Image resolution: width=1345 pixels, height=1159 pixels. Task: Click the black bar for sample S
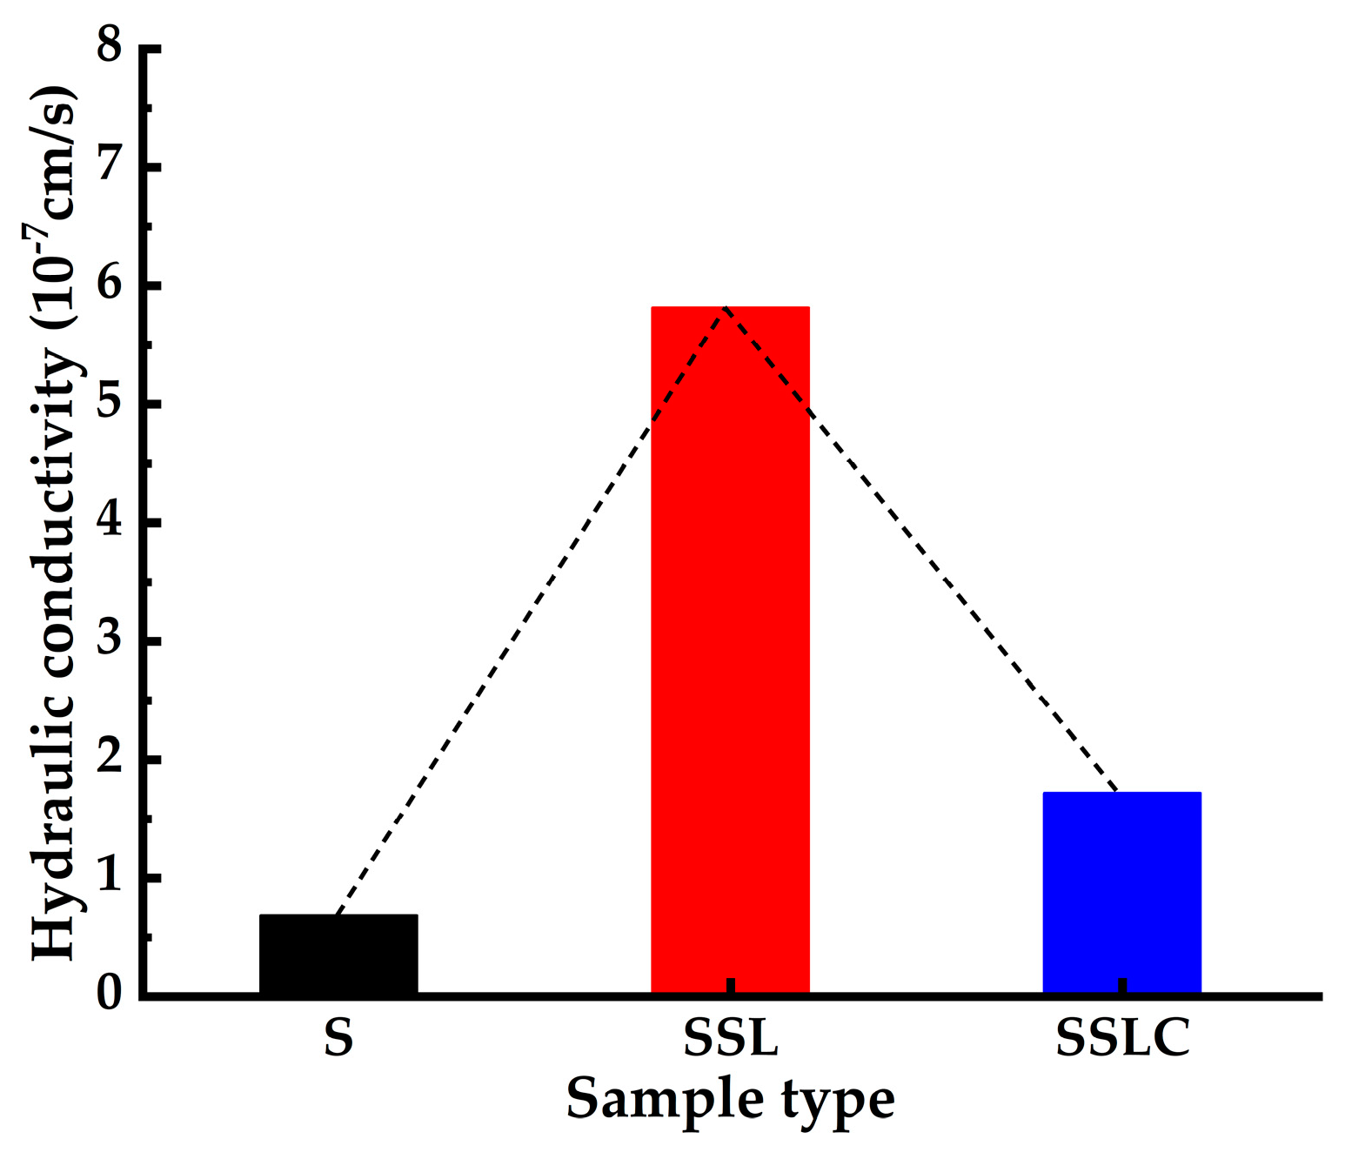coord(338,954)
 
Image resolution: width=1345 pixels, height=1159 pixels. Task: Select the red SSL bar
coord(730,649)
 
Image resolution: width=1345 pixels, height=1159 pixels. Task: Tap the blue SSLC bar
coord(1121,892)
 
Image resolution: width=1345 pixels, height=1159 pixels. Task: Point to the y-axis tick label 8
coord(110,46)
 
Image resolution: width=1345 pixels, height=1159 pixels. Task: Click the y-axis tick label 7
coord(110,165)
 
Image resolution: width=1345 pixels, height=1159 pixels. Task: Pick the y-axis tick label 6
coord(110,285)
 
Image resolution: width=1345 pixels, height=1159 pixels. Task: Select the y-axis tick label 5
coord(110,403)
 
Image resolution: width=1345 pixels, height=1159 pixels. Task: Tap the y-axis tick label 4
coord(110,522)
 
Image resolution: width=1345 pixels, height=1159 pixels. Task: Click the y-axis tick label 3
coord(110,640)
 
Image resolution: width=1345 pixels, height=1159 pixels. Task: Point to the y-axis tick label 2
coord(110,759)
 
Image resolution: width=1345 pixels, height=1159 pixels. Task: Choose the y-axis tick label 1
coord(110,877)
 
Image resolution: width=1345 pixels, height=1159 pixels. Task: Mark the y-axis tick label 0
coord(110,994)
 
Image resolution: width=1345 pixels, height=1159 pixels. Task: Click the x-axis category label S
coord(338,1037)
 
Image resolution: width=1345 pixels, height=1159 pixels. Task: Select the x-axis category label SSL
coord(730,1037)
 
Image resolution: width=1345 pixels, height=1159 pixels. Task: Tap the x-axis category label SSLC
coord(1122,1037)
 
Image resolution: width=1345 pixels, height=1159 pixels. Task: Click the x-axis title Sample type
coord(730,1100)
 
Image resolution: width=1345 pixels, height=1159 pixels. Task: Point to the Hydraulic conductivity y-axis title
coord(54,522)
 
